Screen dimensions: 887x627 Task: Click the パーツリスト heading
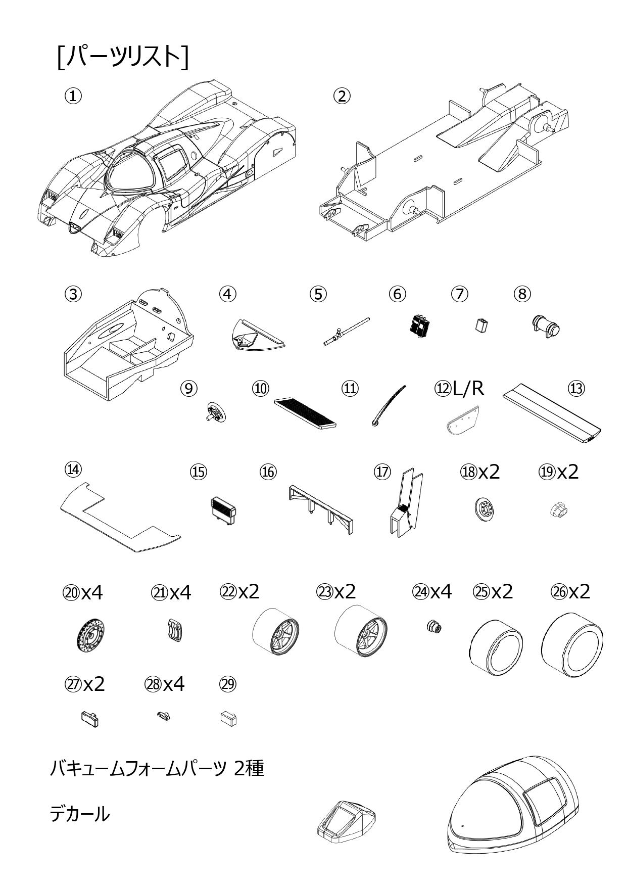(x=123, y=57)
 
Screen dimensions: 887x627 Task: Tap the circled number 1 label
(x=73, y=96)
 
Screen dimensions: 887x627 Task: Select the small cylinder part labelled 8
(x=546, y=326)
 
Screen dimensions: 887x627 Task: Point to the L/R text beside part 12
(x=468, y=389)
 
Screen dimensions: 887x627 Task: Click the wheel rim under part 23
(x=362, y=634)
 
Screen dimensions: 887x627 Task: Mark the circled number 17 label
(x=382, y=472)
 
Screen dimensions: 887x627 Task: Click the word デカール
(x=79, y=814)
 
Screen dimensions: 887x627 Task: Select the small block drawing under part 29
(x=229, y=718)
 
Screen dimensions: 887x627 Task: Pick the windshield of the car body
(x=130, y=174)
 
